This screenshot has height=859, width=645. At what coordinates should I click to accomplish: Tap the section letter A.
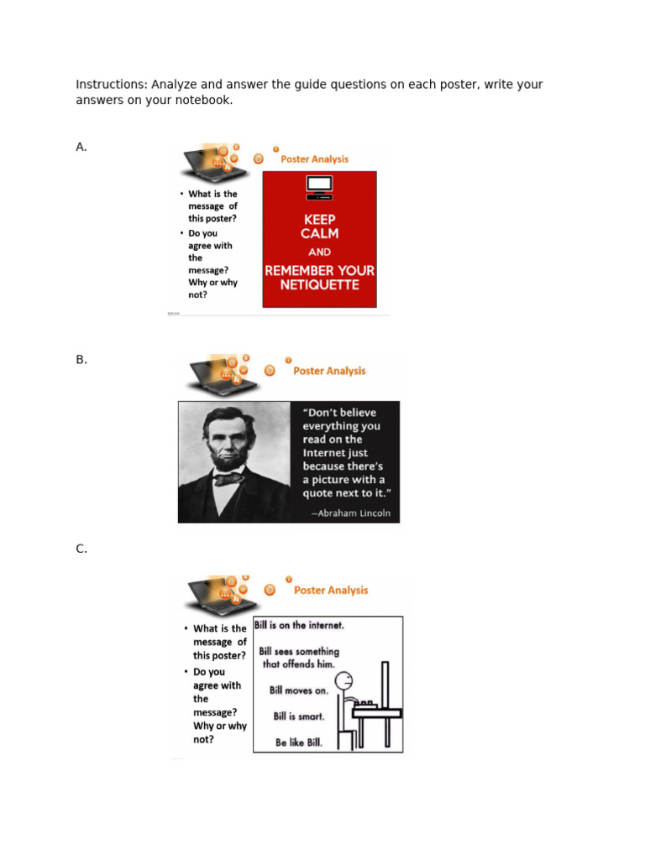tap(81, 147)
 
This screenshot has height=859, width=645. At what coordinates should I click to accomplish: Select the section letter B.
tap(81, 359)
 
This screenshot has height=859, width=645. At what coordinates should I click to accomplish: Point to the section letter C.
tap(81, 549)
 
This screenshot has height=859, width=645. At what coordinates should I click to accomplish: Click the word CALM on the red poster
tap(319, 234)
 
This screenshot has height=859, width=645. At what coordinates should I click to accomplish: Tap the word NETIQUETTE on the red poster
tap(319, 285)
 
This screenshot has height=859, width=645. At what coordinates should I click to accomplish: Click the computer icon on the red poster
tap(319, 186)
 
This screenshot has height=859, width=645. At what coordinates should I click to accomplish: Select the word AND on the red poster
tap(319, 252)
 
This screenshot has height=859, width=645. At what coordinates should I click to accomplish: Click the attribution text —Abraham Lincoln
tap(350, 513)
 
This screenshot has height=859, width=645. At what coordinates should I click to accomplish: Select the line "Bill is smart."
tap(298, 717)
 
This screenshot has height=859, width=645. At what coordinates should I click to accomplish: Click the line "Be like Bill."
tap(298, 743)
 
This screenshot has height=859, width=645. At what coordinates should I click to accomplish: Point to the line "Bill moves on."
tap(298, 690)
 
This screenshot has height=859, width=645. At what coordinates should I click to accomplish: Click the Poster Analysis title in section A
tap(314, 159)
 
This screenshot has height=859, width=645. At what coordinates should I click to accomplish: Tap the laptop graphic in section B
tap(215, 374)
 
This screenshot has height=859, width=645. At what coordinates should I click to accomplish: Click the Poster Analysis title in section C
tap(331, 591)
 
